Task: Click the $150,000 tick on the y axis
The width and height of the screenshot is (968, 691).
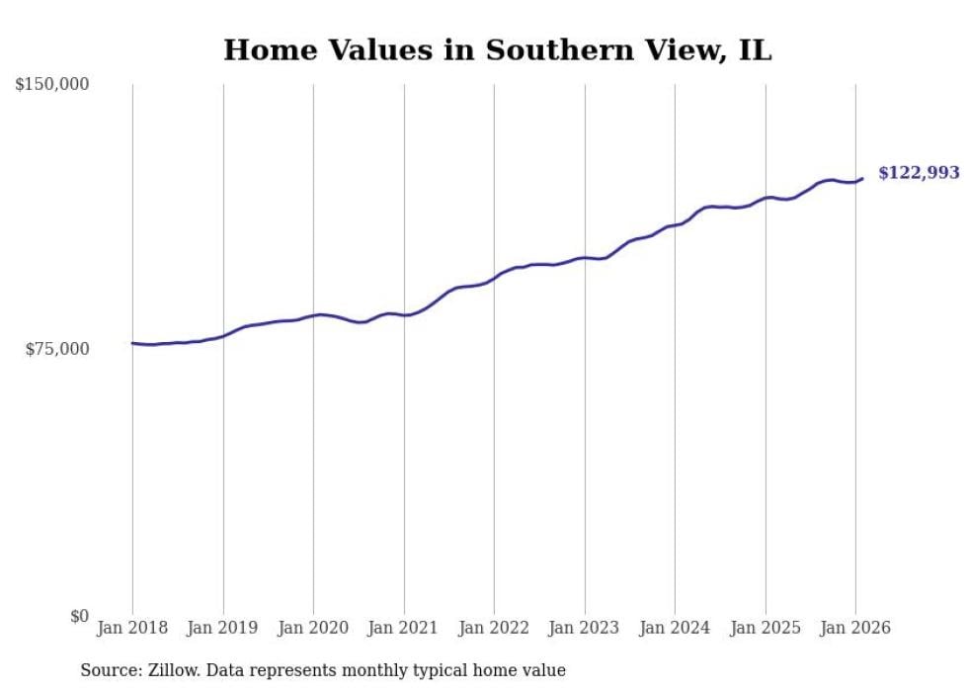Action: (52, 85)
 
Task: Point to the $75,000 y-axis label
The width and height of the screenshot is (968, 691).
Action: (56, 349)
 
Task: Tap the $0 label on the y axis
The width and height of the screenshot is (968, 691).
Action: (78, 616)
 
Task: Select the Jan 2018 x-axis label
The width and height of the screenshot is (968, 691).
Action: (132, 629)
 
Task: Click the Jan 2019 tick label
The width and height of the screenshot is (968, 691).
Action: (223, 629)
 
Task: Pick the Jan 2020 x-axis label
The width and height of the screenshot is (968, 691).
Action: (313, 629)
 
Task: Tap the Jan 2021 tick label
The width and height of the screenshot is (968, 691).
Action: (404, 629)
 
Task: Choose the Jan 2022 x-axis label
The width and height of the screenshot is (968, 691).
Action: (494, 629)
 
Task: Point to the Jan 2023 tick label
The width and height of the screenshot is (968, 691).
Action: (585, 629)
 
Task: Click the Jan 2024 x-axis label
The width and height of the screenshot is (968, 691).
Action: (675, 629)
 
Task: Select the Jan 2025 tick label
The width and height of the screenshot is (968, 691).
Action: (766, 629)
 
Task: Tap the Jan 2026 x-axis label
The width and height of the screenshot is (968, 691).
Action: (855, 629)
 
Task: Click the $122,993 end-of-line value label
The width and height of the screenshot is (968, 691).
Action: (919, 173)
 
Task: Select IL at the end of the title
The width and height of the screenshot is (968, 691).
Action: (756, 50)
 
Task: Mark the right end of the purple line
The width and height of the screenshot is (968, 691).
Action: (862, 179)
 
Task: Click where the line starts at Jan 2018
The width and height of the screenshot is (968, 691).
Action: (132, 343)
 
